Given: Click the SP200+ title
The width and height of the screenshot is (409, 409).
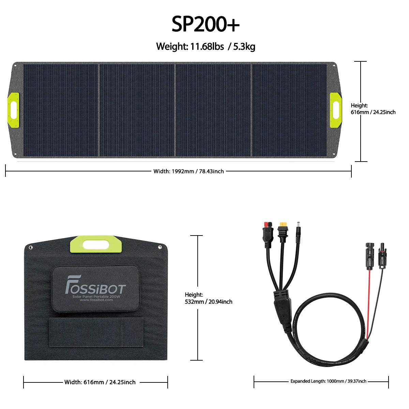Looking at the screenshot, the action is pyautogui.click(x=205, y=24).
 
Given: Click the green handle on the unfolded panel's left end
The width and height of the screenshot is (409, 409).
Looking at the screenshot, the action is pyautogui.click(x=13, y=110).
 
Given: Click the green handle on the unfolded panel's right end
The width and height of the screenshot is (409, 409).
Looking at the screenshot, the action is pyautogui.click(x=336, y=110).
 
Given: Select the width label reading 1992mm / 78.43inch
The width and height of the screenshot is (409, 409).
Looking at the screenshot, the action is pyautogui.click(x=188, y=171).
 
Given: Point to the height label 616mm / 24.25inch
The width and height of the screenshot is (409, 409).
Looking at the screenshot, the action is pyautogui.click(x=373, y=109).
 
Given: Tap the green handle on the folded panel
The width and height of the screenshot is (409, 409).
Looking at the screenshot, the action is pyautogui.click(x=96, y=244).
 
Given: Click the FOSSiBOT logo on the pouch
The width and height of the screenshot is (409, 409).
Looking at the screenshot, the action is pyautogui.click(x=95, y=285).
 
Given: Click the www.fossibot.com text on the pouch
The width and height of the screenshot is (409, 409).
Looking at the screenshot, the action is pyautogui.click(x=96, y=300).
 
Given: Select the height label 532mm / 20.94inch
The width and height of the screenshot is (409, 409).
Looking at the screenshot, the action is pyautogui.click(x=209, y=298).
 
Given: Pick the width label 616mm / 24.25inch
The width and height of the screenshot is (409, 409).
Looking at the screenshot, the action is pyautogui.click(x=100, y=382).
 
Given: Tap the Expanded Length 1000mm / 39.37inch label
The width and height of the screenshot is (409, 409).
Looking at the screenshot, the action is pyautogui.click(x=328, y=381).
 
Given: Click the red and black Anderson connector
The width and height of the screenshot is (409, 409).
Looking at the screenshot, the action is pyautogui.click(x=268, y=234).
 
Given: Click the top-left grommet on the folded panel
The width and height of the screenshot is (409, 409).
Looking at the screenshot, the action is pyautogui.click(x=31, y=247).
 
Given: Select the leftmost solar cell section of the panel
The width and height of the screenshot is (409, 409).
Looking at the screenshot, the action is pyautogui.click(x=61, y=110).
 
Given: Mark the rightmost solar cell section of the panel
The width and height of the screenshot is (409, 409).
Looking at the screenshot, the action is pyautogui.click(x=289, y=110).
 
